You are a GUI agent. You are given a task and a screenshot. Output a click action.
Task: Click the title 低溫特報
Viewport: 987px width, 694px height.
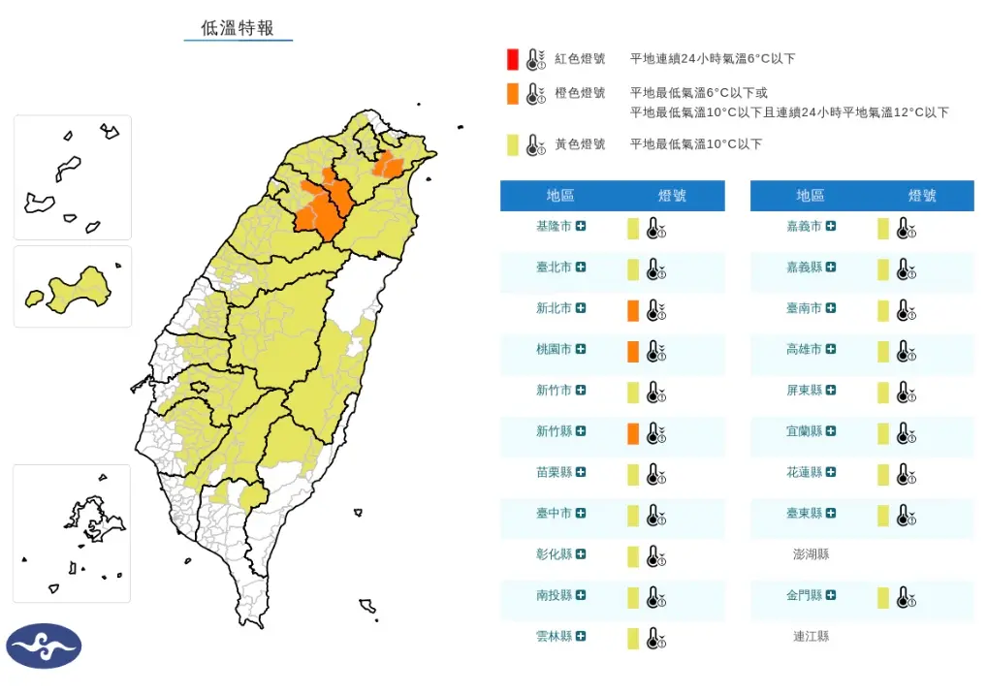(x=238, y=28)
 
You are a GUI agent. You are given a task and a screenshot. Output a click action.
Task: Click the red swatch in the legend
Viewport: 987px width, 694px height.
(x=511, y=59)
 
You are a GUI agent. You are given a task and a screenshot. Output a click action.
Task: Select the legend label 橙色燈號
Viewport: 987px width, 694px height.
(x=580, y=93)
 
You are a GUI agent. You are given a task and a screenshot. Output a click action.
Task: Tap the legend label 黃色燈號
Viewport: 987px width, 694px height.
(x=580, y=144)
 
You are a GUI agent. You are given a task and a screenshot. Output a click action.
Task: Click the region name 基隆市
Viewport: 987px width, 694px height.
(x=554, y=226)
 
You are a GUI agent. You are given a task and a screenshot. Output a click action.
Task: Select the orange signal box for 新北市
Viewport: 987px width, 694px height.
(x=632, y=311)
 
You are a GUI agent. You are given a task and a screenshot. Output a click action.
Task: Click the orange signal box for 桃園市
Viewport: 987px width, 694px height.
(x=632, y=352)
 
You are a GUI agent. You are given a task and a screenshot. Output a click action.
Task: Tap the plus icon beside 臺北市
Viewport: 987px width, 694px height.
(x=581, y=268)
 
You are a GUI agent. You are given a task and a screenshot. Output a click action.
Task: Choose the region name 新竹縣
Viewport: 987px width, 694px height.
(x=554, y=431)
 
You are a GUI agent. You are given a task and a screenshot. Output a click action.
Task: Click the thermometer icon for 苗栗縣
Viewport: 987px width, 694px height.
(x=656, y=475)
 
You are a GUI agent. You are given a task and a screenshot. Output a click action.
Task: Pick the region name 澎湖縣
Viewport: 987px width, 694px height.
(x=811, y=554)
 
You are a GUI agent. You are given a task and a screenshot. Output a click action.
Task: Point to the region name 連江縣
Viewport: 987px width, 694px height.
(x=811, y=637)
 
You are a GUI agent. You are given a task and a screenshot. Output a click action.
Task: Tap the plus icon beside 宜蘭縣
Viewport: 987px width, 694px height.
(x=831, y=431)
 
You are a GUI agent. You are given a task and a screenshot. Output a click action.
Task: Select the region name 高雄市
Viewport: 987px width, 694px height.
(x=804, y=349)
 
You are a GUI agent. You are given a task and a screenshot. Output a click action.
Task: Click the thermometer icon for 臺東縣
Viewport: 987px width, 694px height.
(x=907, y=516)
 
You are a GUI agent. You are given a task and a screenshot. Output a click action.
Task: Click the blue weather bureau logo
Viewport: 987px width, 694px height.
(x=44, y=646)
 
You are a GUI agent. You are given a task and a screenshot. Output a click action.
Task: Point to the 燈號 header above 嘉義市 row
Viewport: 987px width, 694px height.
(x=922, y=196)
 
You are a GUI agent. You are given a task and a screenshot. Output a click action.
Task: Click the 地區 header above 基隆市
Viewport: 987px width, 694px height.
(x=560, y=196)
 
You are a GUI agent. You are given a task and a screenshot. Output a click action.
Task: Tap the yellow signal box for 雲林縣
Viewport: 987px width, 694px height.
(x=632, y=639)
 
